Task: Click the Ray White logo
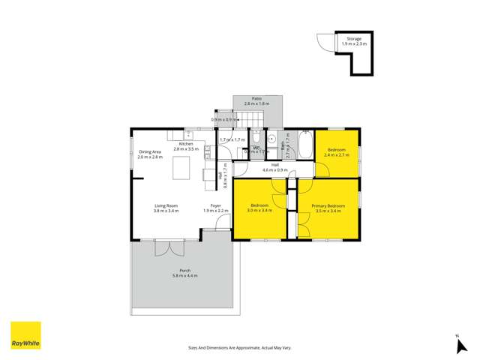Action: coord(25,335)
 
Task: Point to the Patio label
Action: coord(256,98)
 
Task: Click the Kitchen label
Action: coord(186,144)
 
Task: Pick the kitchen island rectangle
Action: coord(182,169)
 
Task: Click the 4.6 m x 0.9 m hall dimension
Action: coord(275,170)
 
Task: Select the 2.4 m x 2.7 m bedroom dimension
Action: coord(336,155)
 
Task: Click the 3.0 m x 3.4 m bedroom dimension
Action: coord(260,211)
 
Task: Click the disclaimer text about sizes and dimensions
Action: coord(238,348)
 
